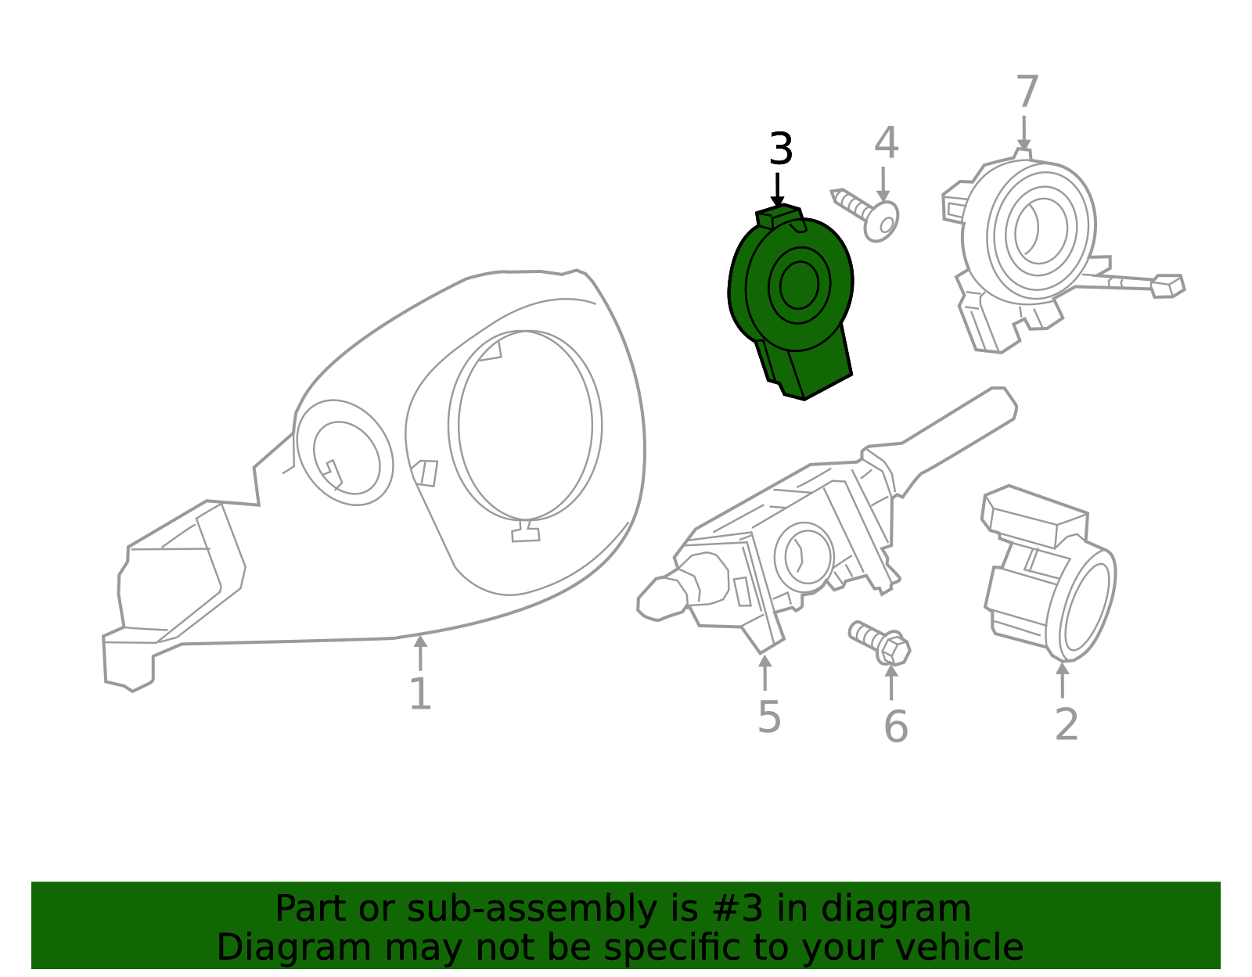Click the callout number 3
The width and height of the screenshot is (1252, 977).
coord(780,149)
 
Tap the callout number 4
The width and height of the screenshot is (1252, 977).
coord(886,143)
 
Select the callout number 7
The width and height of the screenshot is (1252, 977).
coord(1027,92)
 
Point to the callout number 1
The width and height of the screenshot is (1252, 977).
coord(420,694)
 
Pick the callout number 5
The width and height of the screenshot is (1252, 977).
coord(768,717)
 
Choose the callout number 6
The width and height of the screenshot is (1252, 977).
coord(895,727)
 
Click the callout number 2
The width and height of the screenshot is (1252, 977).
coord(1066,724)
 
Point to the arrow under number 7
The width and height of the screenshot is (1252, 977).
coord(1024,133)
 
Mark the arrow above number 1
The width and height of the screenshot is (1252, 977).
coord(420,651)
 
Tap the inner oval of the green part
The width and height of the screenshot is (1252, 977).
coord(799,286)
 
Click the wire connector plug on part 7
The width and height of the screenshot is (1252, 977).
coord(1167,286)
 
